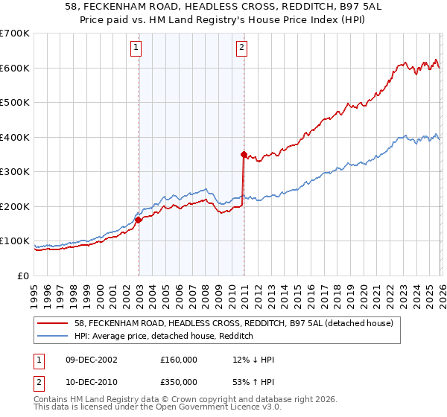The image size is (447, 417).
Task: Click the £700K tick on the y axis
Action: click(x=15, y=34)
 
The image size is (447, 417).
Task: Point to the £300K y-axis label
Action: click(x=15, y=172)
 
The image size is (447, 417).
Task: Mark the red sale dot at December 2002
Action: click(x=139, y=220)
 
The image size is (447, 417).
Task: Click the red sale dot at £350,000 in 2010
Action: click(x=244, y=154)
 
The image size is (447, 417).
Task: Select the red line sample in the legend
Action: click(x=54, y=323)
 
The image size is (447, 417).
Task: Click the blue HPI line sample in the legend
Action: click(x=54, y=336)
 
